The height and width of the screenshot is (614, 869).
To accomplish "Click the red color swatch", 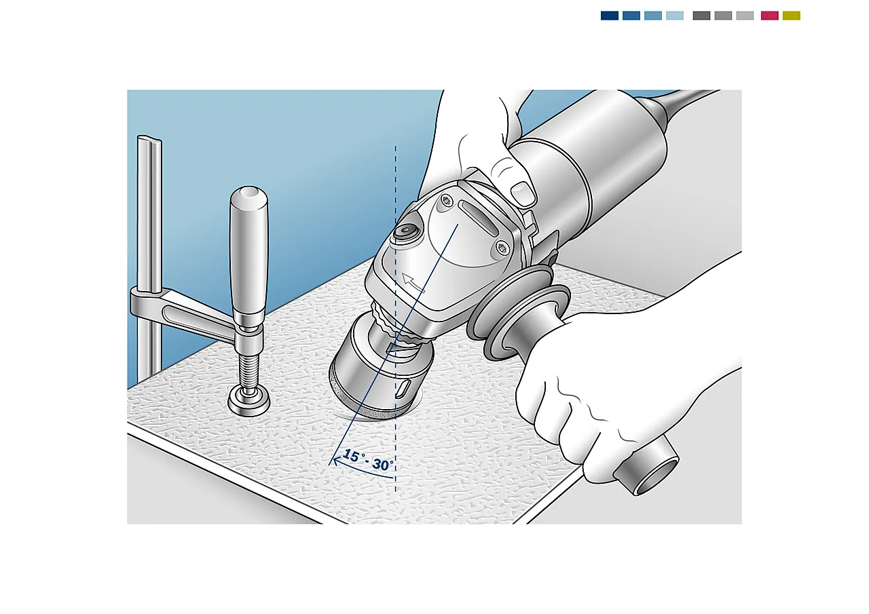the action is pyautogui.click(x=770, y=16).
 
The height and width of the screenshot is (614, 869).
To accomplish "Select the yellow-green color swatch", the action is pyautogui.click(x=792, y=16).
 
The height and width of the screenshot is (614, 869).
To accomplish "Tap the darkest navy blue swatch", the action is pyautogui.click(x=610, y=16).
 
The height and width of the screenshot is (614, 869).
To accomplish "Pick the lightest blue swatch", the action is pyautogui.click(x=675, y=16).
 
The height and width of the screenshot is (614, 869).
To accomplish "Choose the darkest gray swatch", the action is pyautogui.click(x=701, y=16).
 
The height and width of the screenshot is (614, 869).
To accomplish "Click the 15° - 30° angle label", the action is pyautogui.click(x=369, y=460).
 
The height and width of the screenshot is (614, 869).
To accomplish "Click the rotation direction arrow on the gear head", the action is pyautogui.click(x=413, y=283).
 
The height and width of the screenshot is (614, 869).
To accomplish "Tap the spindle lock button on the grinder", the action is pyautogui.click(x=405, y=231).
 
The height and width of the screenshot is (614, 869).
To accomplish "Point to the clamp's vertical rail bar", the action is pyautogui.click(x=149, y=248).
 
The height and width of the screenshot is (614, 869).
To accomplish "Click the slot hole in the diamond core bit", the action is pyautogui.click(x=403, y=389).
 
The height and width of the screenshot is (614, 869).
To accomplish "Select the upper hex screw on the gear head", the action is pyautogui.click(x=446, y=202).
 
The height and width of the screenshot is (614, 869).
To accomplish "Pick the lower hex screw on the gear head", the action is pyautogui.click(x=502, y=248).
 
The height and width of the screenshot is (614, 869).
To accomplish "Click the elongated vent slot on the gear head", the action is pyautogui.click(x=477, y=218).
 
